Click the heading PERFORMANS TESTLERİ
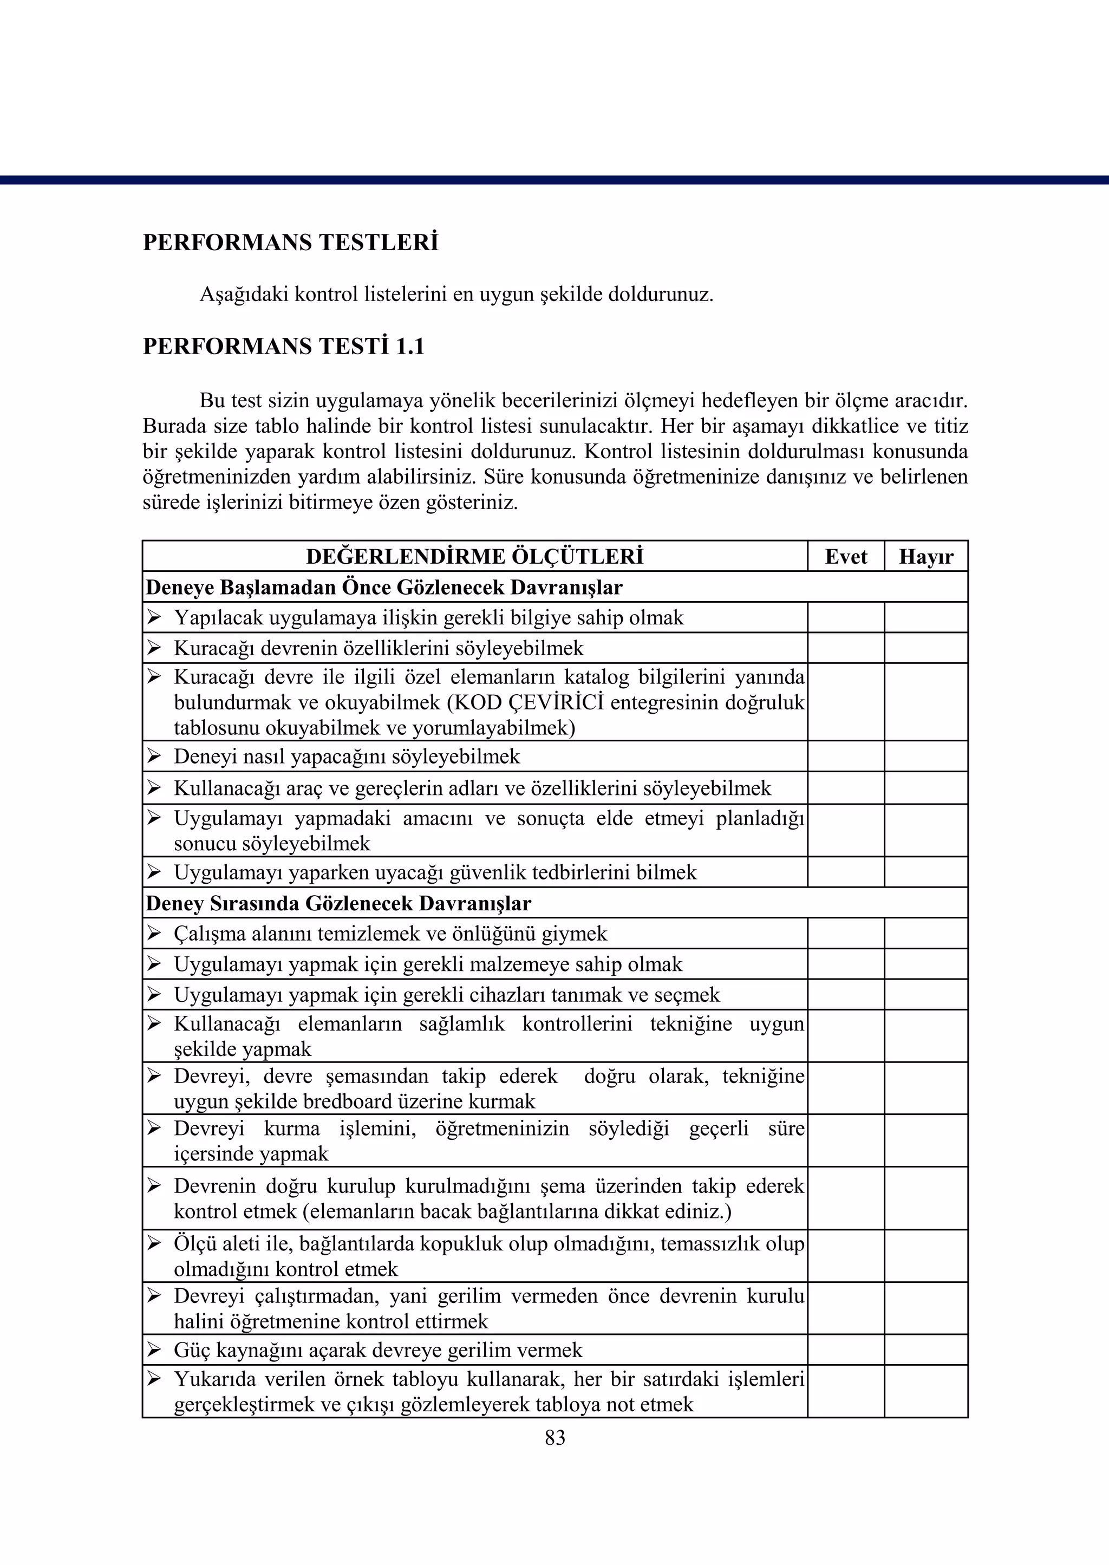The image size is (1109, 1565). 290,243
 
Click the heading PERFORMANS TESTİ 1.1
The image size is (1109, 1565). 283,347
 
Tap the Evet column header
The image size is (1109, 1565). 845,557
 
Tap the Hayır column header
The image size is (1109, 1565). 925,557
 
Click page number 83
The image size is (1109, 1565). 554,1437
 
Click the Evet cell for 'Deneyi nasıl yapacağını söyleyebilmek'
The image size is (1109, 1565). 845,757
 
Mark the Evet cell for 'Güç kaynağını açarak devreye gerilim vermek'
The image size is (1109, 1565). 845,1350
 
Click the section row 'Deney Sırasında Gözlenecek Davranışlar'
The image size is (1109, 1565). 338,903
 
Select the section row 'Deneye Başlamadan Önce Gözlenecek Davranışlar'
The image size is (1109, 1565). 384,587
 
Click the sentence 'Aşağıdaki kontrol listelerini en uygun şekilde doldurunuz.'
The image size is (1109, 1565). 456,295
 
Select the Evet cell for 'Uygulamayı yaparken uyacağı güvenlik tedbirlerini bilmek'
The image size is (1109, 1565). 845,872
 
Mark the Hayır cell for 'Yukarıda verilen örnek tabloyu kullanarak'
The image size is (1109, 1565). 925,1391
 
